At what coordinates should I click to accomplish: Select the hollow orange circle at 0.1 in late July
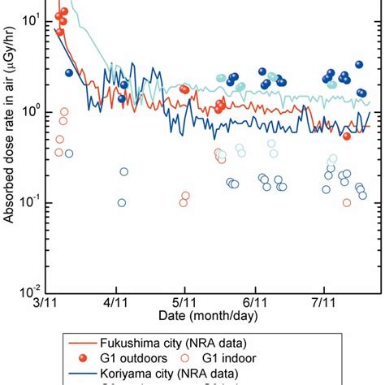347,203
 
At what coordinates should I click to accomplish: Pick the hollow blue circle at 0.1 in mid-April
122,203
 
